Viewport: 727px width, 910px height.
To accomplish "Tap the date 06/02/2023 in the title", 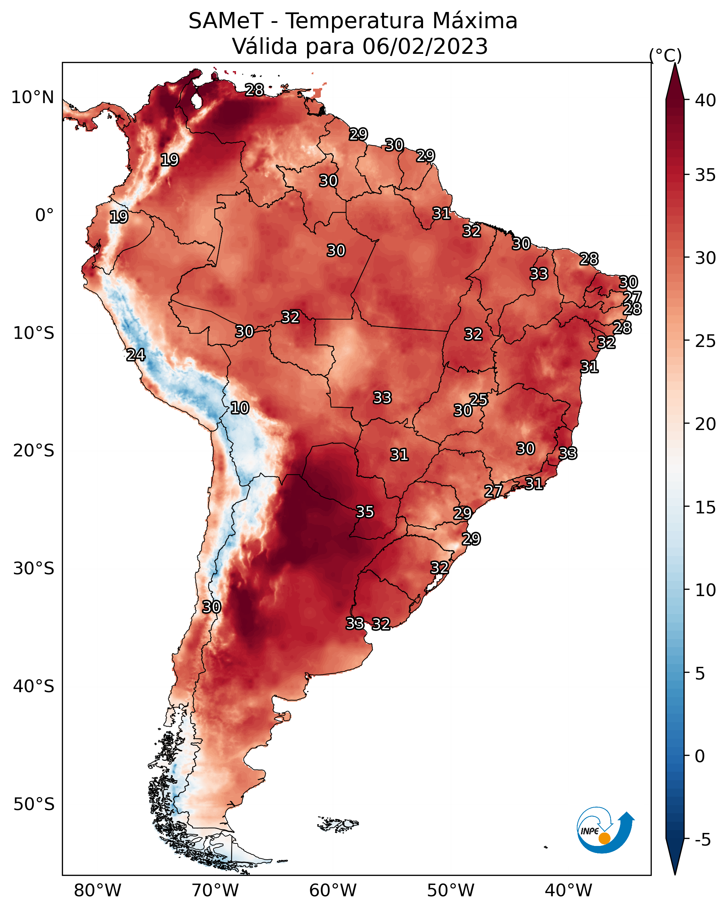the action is point(425,46).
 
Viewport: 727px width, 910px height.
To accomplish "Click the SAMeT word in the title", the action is point(226,21).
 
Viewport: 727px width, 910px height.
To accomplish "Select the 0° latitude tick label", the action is point(45,215).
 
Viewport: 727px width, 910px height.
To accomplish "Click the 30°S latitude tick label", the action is point(34,569).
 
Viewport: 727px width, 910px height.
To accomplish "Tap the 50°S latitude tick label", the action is point(34,804).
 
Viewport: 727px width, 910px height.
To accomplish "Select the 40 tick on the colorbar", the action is point(706,100).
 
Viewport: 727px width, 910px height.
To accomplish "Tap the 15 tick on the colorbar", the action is point(706,507).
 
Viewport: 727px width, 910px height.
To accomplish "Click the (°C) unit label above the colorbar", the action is point(665,55).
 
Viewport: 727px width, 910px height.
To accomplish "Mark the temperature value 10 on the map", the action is point(240,408).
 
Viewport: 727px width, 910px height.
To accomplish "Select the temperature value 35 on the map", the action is point(365,512).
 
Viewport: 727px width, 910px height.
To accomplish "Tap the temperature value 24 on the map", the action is point(136,355).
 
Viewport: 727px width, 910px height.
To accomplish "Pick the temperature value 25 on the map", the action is point(478,399).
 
